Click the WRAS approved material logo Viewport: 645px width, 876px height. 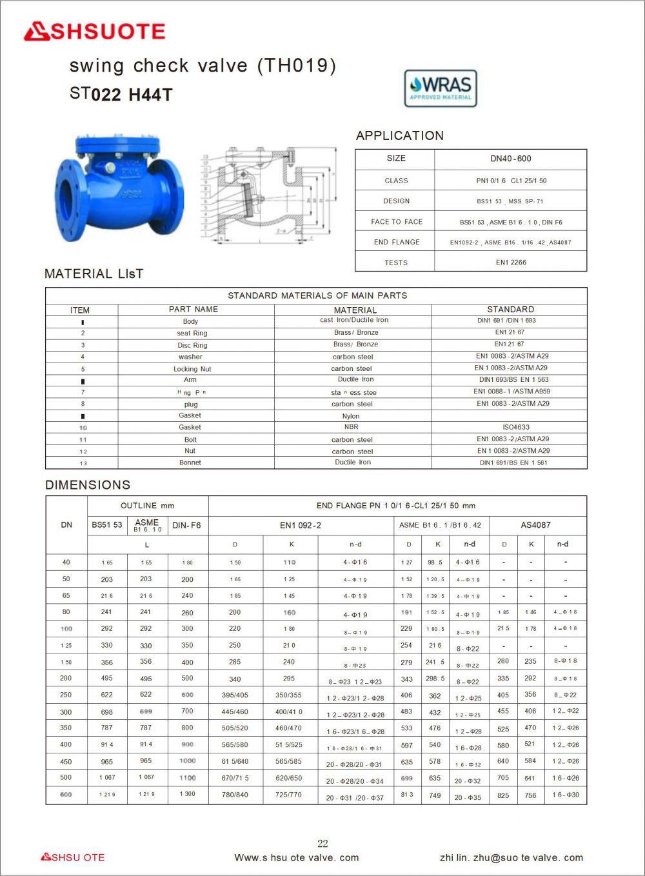click(441, 88)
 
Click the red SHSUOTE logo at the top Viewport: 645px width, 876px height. click(95, 32)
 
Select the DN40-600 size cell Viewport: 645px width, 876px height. click(510, 159)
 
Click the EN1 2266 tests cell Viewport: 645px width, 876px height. click(510, 263)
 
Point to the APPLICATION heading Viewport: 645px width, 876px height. click(400, 135)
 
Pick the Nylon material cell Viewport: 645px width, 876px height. click(351, 416)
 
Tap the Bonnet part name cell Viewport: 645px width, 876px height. click(190, 463)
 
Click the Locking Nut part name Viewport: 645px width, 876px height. click(192, 369)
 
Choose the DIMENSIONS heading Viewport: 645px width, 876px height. click(88, 484)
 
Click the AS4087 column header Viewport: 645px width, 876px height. click(535, 525)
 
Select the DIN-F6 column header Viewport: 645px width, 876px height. click(187, 525)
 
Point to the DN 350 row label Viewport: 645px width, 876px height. click(66, 728)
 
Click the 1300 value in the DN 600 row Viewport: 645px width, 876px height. click(187, 794)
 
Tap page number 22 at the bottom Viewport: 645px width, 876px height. click(322, 843)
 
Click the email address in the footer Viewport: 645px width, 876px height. click(511, 857)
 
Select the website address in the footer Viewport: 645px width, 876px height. click(296, 857)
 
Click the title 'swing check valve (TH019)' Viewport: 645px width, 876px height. click(203, 66)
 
